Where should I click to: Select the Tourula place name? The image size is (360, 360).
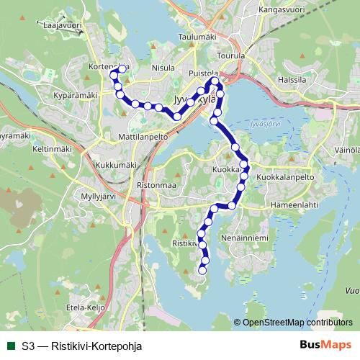coord(230,55)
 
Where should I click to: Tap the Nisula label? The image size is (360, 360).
coord(163,68)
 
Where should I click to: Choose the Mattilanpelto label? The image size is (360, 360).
coord(142,135)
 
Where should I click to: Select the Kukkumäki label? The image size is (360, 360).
coord(115,164)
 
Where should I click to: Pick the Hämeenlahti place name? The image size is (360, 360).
coord(294,204)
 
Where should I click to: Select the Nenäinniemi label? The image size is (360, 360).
coord(246,236)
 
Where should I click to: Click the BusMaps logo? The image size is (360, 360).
coord(325,345)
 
